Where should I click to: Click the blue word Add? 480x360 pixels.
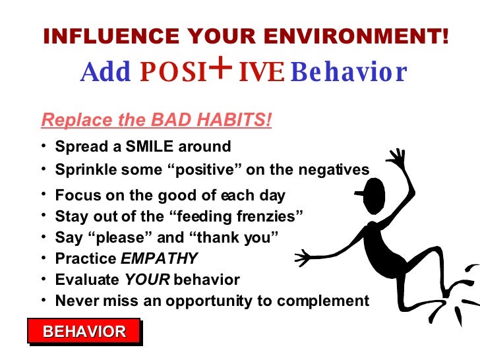(105, 73)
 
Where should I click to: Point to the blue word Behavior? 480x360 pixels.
(348, 73)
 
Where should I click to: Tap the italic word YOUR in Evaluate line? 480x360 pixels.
(147, 280)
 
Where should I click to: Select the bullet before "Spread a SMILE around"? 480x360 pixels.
(44, 145)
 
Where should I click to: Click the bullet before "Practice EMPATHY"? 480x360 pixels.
(44, 257)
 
